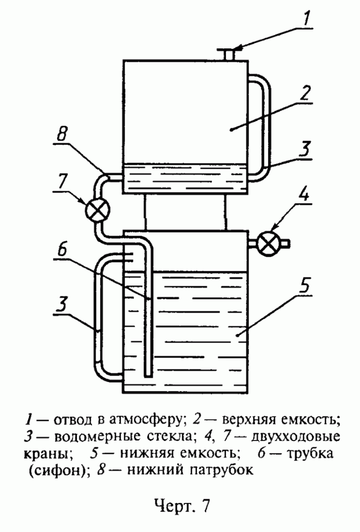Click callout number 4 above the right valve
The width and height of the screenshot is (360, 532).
click(305, 199)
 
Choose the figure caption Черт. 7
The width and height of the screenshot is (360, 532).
click(181, 506)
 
